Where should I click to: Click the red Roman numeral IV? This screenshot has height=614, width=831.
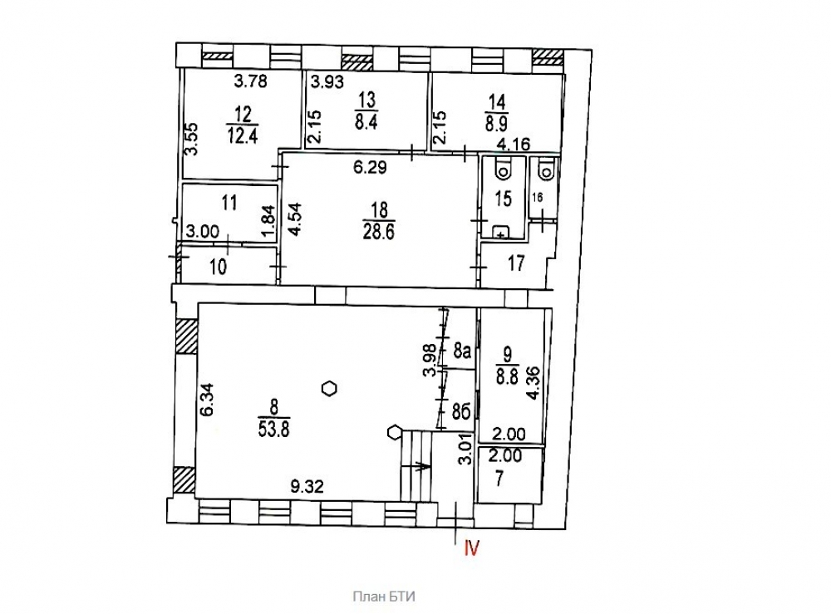(x=472, y=548)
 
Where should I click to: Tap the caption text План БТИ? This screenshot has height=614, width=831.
(x=384, y=597)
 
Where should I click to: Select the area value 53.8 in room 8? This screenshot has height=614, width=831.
(x=273, y=429)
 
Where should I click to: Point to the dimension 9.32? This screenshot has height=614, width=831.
(x=307, y=486)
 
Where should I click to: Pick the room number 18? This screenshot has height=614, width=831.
(x=380, y=209)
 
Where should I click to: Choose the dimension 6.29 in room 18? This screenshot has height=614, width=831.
(x=370, y=168)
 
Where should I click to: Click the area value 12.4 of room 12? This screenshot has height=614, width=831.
(x=243, y=135)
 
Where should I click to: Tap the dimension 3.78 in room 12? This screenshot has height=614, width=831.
(x=251, y=81)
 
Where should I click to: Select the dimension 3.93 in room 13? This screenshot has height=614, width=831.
(x=327, y=81)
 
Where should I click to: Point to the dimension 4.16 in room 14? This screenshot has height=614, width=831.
(x=514, y=144)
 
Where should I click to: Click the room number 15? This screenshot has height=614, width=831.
(x=504, y=199)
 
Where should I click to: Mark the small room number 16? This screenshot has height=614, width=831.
(x=538, y=198)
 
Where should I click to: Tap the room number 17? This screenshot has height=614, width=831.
(x=516, y=263)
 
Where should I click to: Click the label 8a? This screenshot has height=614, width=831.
(x=463, y=351)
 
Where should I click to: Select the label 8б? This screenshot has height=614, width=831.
(x=462, y=411)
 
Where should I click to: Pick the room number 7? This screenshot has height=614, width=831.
(x=499, y=479)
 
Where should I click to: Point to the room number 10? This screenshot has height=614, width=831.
(x=219, y=267)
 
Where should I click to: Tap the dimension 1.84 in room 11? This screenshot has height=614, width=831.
(x=268, y=222)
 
